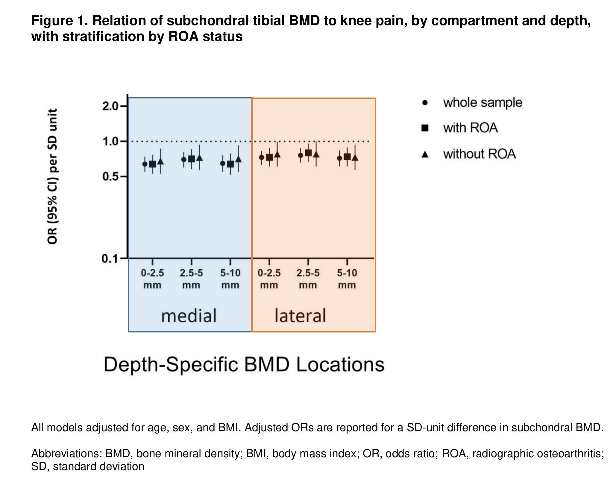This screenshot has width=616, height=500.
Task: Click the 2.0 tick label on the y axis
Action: [x=110, y=106]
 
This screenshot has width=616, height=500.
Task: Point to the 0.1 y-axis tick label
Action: [x=110, y=259]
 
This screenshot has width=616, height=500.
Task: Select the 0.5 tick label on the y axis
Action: [x=110, y=177]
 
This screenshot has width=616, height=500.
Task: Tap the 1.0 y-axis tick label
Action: [x=110, y=142]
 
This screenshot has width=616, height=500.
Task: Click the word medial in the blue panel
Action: [x=189, y=316]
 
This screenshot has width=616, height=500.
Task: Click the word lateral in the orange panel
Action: [x=300, y=316]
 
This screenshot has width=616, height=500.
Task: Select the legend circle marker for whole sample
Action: [x=425, y=103]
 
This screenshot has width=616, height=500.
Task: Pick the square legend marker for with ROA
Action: [x=425, y=128]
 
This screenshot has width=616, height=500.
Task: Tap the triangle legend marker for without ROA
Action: [x=425, y=154]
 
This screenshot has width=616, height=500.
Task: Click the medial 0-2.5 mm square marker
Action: [x=153, y=164]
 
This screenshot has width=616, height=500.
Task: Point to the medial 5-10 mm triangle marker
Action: [x=238, y=159]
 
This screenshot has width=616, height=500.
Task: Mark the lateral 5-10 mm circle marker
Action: [x=339, y=158]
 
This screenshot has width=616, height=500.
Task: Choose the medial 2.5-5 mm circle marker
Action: [x=184, y=159]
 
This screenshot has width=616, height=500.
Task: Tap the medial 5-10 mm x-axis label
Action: [x=230, y=279]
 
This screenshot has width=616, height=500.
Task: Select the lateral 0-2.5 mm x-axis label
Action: [x=269, y=279]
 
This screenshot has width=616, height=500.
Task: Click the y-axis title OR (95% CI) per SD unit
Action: [x=52, y=177]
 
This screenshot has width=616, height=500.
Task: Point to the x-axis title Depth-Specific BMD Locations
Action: [x=244, y=364]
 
